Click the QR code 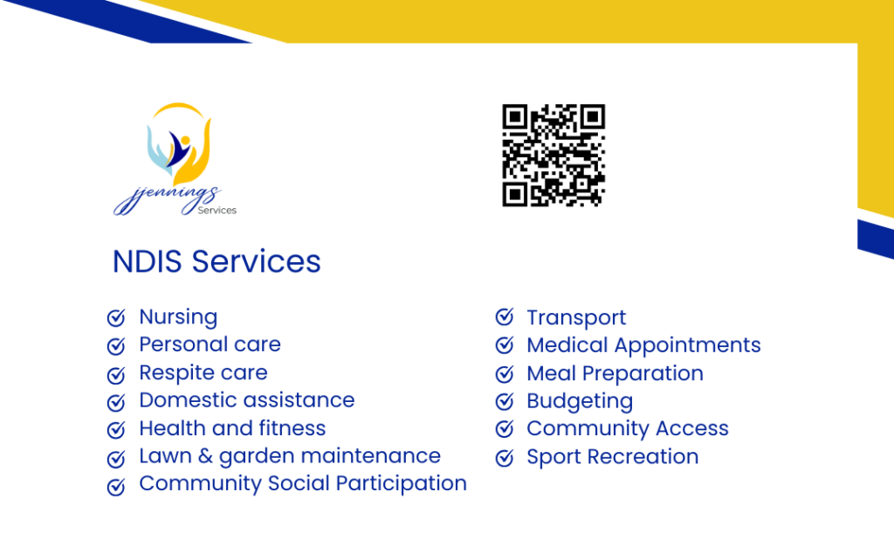[553, 156]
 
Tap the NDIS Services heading [217, 261]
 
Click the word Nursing [178, 317]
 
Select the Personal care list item [210, 344]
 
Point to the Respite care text [203, 372]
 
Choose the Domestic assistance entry [247, 400]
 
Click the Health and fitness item [232, 428]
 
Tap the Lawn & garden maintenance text [290, 456]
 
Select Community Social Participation [303, 483]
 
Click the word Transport [576, 318]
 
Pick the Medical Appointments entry [643, 345]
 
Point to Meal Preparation [615, 373]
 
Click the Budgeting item [580, 401]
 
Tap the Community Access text [628, 428]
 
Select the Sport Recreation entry [613, 456]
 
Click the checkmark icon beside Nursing [116, 317]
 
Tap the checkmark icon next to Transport [505, 316]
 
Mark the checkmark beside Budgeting [505, 401]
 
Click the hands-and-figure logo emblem [179, 144]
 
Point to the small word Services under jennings [217, 211]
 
